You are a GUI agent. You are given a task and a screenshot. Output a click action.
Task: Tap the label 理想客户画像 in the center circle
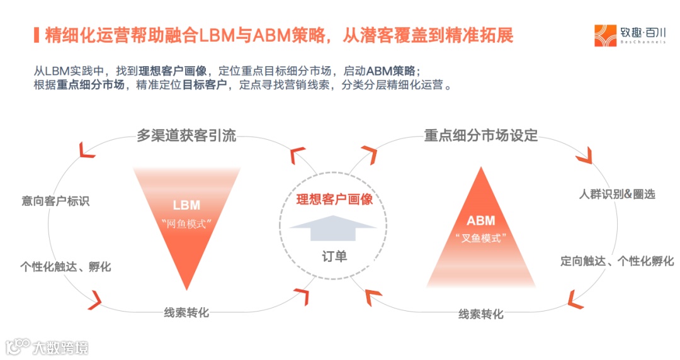(335, 200)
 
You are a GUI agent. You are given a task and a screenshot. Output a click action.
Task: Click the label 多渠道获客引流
(186, 135)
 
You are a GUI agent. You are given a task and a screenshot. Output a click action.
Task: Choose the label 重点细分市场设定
(481, 135)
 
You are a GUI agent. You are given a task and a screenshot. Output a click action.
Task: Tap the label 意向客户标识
(55, 201)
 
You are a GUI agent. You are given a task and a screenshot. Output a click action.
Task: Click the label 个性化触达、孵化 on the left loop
(65, 267)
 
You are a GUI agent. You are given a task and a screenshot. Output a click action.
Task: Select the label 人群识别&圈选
(617, 194)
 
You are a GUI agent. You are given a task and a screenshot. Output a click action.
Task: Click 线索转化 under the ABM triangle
(481, 314)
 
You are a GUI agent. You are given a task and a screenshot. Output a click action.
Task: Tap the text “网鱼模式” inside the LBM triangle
(186, 223)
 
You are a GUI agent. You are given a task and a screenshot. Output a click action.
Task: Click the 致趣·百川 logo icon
(606, 35)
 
